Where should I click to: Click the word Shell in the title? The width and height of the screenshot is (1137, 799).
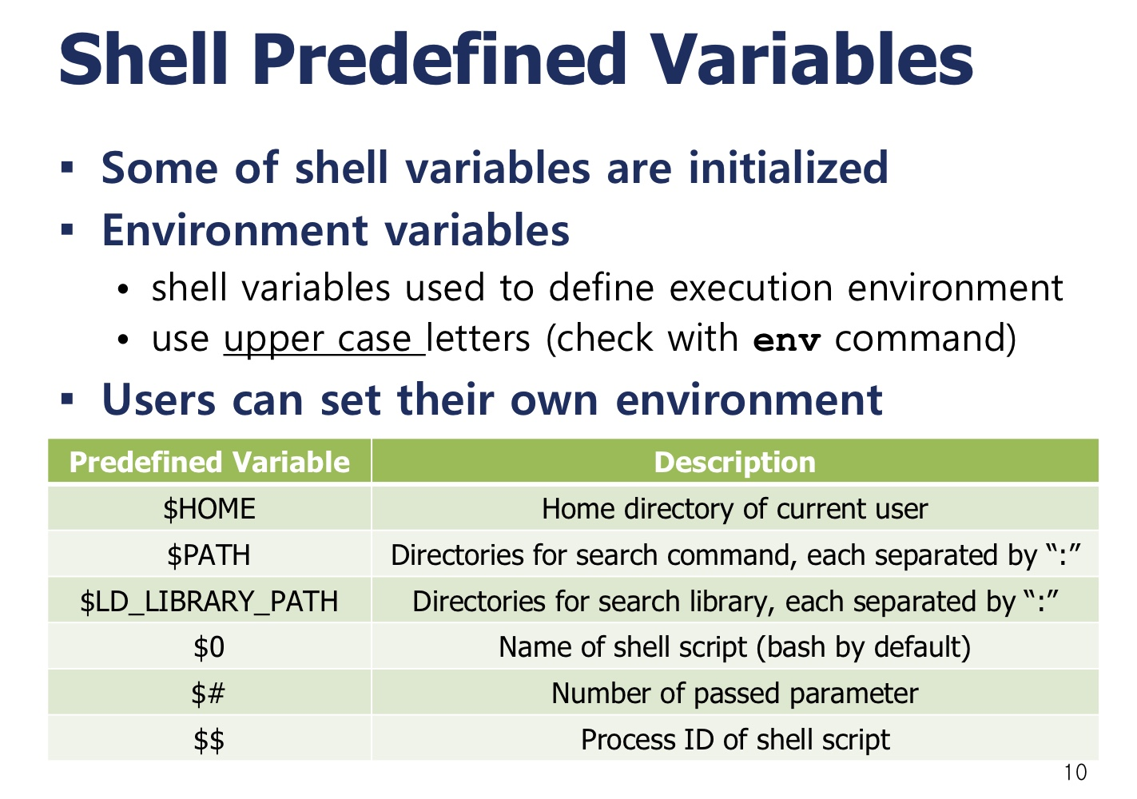click(143, 59)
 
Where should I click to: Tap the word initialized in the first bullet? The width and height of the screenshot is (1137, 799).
click(789, 167)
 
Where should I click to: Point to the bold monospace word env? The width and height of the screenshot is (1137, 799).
click(787, 341)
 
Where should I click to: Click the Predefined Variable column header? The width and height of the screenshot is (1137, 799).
click(209, 462)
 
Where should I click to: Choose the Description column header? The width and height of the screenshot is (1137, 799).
click(734, 463)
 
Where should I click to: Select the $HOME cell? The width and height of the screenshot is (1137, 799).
click(209, 509)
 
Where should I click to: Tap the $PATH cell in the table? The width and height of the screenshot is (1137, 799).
click(209, 555)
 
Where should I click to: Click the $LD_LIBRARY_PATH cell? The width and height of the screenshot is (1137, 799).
click(209, 602)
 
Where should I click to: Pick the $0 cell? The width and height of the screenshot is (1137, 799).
click(209, 647)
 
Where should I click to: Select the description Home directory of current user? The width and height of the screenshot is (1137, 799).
click(734, 509)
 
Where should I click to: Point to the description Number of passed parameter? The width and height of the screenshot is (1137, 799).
click(734, 694)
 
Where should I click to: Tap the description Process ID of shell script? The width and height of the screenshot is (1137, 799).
click(735, 740)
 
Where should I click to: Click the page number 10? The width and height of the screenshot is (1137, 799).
click(1075, 773)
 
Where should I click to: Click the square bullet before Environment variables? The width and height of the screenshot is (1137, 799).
click(67, 230)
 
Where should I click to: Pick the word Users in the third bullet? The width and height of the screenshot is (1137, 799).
click(159, 400)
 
